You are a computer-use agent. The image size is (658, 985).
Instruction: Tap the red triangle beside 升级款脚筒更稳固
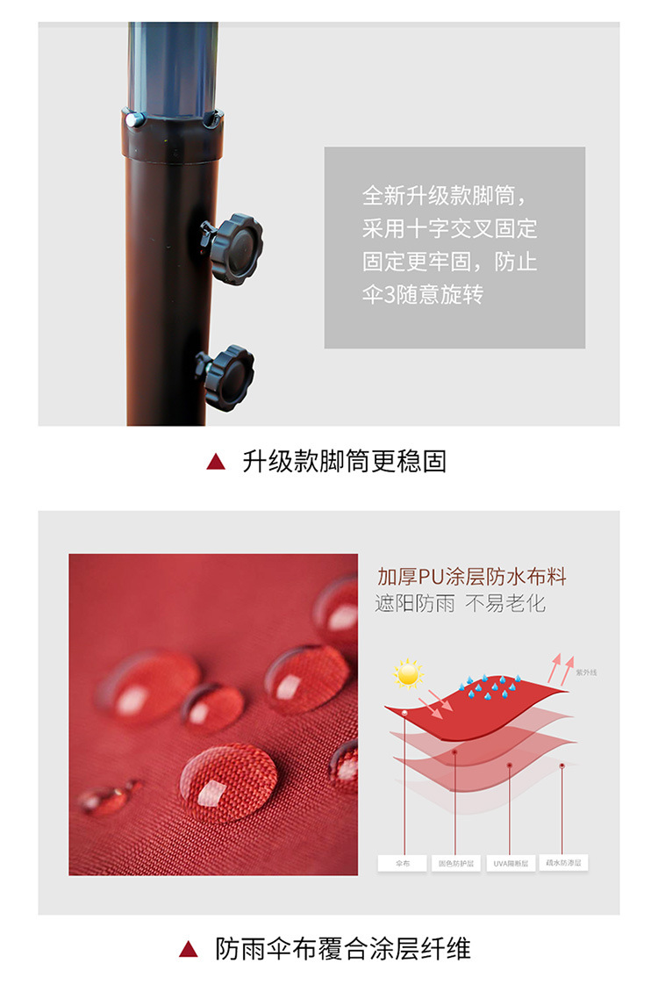click(x=216, y=462)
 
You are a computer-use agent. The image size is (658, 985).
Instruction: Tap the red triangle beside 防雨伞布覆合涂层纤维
click(x=188, y=949)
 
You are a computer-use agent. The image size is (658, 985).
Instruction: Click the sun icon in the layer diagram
click(x=408, y=673)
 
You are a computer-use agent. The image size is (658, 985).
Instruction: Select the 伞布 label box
click(x=403, y=863)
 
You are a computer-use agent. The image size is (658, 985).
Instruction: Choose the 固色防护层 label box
click(x=456, y=863)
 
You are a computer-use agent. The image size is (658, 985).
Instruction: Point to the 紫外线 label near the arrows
click(x=586, y=672)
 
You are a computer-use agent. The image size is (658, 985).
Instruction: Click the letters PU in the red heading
click(x=432, y=577)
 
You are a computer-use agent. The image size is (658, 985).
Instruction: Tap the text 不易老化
click(x=505, y=604)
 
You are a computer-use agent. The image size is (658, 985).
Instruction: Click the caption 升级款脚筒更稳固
click(x=344, y=462)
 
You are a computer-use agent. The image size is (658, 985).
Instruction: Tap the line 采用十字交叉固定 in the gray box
click(x=450, y=229)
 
